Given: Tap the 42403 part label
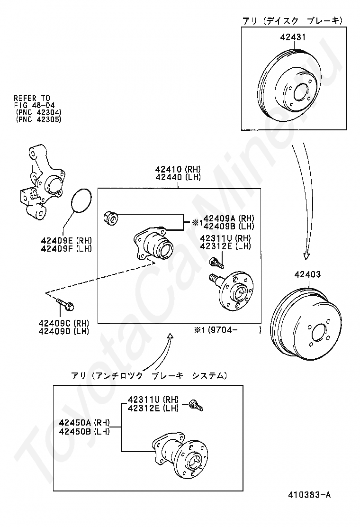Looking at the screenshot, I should point(307,274).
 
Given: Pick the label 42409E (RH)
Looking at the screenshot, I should point(66,240).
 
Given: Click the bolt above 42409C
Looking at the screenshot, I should point(66,303).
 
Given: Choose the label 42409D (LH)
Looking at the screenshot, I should point(64,331).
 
